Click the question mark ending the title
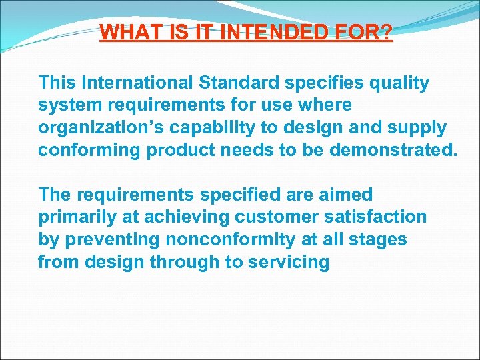[x=387, y=32]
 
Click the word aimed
[x=346, y=195]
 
